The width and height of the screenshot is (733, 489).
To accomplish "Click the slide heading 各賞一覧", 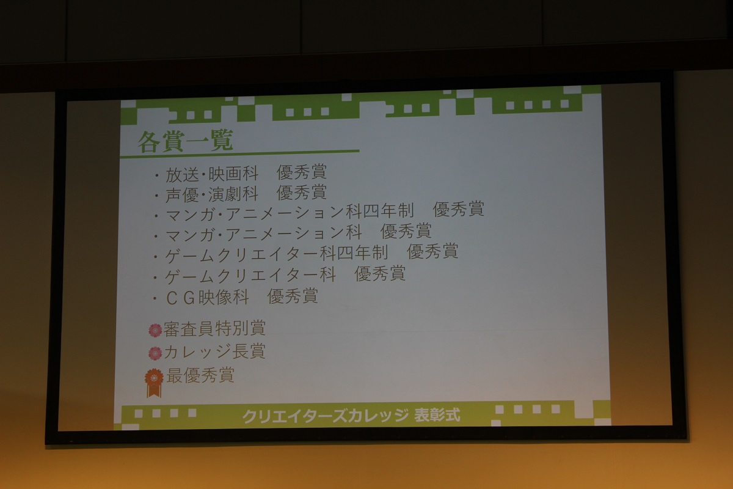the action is click(185, 141).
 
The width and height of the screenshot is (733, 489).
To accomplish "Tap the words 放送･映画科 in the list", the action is click(212, 174).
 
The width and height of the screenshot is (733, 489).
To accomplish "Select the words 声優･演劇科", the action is click(212, 194).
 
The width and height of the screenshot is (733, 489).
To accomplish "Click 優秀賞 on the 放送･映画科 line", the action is click(301, 172).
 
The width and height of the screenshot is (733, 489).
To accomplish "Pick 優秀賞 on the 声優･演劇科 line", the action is click(301, 193).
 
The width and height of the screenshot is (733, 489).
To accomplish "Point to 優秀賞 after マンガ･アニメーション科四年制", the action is click(459, 209).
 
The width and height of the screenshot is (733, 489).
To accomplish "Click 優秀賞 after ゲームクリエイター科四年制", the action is click(432, 252).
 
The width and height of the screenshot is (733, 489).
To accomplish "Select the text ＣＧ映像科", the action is click(208, 298).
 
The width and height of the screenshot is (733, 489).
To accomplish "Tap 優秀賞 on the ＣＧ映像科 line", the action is click(293, 296).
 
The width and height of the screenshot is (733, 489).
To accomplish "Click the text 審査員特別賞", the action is click(214, 328).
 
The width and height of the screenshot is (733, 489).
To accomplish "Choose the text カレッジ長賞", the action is click(214, 351).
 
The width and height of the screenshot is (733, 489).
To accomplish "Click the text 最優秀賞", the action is click(200, 375).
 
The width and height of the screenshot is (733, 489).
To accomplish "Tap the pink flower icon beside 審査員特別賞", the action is click(155, 330).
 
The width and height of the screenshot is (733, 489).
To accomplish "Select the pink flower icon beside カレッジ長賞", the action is click(155, 353).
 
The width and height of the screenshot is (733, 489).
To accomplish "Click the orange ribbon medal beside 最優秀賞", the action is click(154, 382).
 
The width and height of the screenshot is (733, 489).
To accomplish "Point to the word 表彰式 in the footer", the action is click(437, 415).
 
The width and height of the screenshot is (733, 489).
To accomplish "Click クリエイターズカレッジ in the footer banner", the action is click(326, 416).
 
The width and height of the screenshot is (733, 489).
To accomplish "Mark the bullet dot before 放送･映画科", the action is click(157, 176).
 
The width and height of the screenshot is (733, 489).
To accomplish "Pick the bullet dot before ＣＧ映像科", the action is click(155, 299).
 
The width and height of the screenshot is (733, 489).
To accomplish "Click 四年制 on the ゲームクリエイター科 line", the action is click(363, 253).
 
